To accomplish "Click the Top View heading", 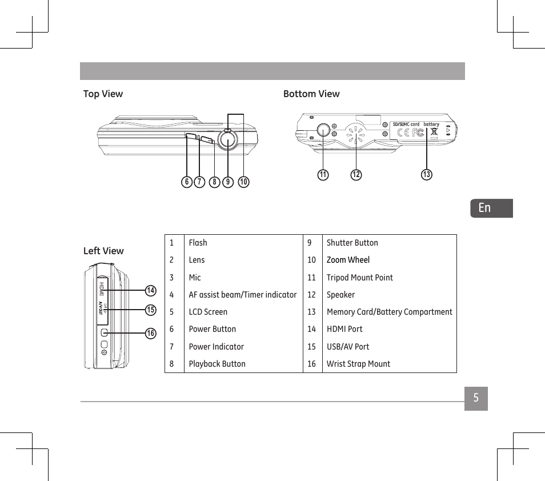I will (103, 94).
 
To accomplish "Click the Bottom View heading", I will (311, 94).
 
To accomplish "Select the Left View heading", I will (103, 251).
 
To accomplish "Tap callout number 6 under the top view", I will (186, 182).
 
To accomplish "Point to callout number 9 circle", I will (228, 182).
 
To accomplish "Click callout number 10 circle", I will (244, 182).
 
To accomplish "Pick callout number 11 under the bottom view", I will (323, 175).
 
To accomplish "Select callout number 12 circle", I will (356, 175).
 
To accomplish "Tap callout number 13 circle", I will (426, 175).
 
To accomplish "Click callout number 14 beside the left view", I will (150, 291).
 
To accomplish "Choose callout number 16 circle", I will (150, 334).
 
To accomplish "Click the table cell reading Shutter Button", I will (352, 243).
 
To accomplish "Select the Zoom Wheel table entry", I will (348, 260).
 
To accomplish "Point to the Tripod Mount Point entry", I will (359, 278).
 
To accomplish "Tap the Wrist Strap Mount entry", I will (358, 364).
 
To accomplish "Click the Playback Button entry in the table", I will (217, 364).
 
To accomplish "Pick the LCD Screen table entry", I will (208, 312).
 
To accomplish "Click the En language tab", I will (491, 208).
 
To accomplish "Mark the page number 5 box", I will (476, 399).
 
